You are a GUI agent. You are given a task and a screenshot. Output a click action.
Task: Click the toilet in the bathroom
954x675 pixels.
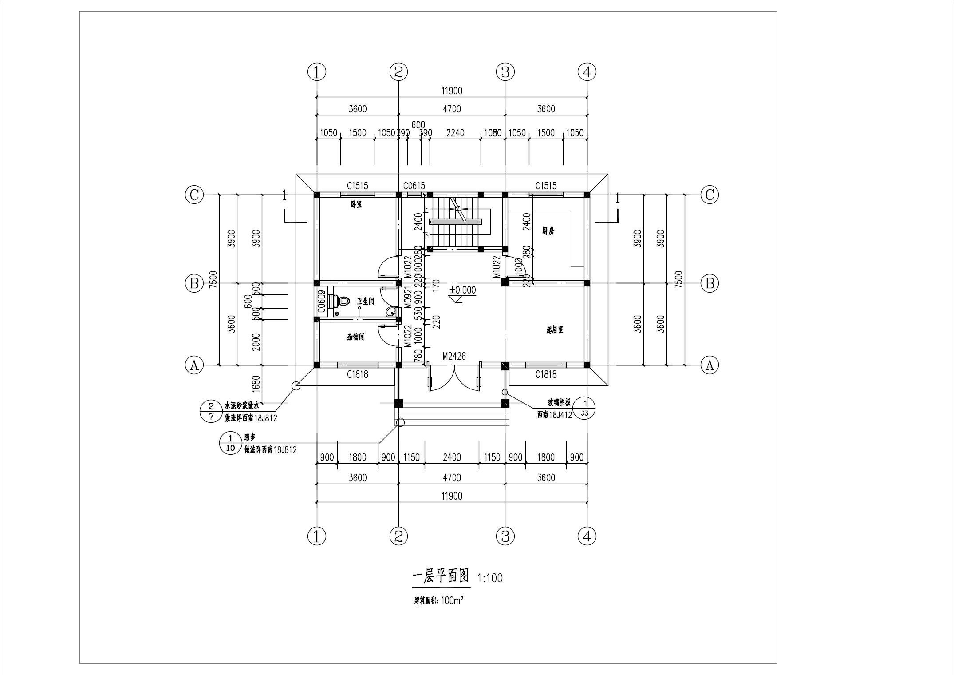(x=341, y=302)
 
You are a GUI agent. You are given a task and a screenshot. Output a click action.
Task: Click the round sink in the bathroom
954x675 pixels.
(x=391, y=312)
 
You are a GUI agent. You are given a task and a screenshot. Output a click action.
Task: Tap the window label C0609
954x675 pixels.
(x=322, y=300)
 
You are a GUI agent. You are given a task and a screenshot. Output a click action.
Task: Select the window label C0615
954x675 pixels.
(x=414, y=186)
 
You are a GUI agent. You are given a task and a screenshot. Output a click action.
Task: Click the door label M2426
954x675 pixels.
(x=454, y=356)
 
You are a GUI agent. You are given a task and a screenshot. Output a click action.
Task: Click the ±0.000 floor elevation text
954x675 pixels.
(x=462, y=290)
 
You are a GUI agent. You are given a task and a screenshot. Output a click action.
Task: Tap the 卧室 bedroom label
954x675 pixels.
(x=356, y=205)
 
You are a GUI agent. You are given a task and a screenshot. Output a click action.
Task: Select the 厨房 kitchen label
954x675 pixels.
(x=548, y=231)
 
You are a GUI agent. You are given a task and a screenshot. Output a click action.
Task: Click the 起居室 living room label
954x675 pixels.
(x=555, y=330)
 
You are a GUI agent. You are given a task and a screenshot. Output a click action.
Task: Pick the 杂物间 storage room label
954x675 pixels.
(x=355, y=337)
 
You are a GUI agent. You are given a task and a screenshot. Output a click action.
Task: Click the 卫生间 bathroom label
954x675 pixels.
(x=366, y=301)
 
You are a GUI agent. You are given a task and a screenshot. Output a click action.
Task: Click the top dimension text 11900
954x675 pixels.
(x=452, y=91)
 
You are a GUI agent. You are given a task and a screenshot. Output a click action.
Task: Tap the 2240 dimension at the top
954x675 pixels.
(x=455, y=133)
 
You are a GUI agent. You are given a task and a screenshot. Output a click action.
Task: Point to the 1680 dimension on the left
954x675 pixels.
(x=256, y=384)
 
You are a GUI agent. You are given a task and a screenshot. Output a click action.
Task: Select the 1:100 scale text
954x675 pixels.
(x=490, y=578)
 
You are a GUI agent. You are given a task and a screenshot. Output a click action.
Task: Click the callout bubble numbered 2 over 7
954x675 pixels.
(x=212, y=411)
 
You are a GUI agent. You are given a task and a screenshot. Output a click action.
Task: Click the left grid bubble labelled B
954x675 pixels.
(x=194, y=283)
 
